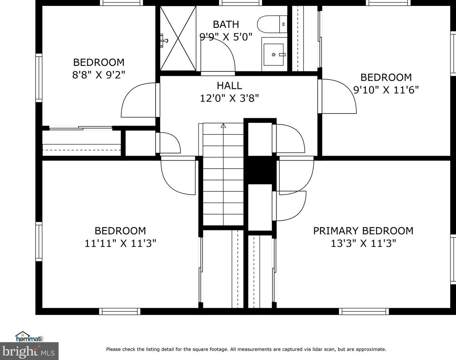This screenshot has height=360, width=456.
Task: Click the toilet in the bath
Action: click(x=272, y=24)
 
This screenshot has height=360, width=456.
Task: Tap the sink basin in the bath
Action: click(x=274, y=55)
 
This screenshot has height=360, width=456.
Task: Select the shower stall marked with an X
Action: click(x=178, y=38)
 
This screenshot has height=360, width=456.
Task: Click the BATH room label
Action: click(x=226, y=24)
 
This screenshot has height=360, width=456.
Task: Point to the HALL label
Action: click(x=229, y=86)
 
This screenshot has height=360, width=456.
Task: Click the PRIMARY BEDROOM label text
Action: click(x=363, y=231)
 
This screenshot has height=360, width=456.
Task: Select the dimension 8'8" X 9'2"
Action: click(x=99, y=75)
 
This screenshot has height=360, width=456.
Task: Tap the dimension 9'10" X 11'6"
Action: click(x=386, y=90)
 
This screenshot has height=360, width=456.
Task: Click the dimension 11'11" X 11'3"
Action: click(x=120, y=243)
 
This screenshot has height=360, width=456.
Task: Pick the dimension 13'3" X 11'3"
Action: click(x=364, y=243)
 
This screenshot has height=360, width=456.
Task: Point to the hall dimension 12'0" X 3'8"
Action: click(x=229, y=98)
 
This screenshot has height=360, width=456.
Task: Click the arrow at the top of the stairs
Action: click(x=223, y=126)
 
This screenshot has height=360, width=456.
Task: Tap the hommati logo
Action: click(x=29, y=337)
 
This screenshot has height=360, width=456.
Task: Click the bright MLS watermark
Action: click(x=29, y=351)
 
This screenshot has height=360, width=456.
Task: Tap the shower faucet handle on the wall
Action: click(x=163, y=40)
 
